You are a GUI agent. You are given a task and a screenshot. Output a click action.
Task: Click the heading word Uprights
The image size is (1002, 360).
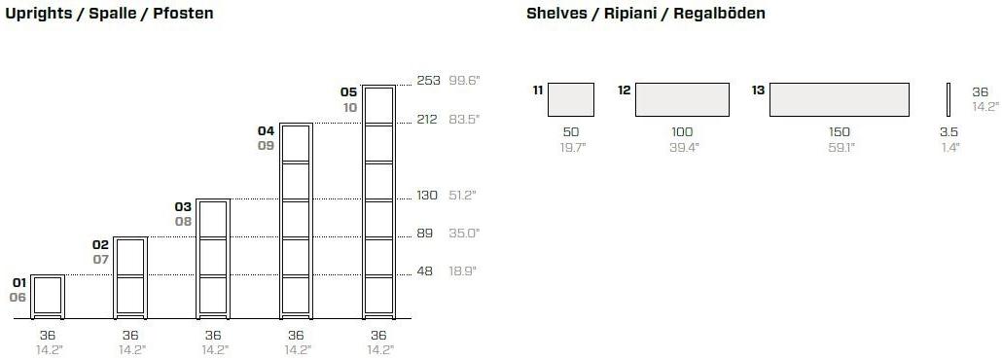tap(37, 14)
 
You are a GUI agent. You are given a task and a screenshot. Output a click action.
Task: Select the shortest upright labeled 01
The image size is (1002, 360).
tap(48, 297)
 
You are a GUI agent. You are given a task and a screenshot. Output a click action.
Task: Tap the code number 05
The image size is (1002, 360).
tap(349, 92)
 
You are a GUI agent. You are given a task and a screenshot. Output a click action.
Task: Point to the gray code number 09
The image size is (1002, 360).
tap(266, 145)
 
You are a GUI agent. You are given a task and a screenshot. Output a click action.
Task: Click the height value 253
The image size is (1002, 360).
tap(428, 81)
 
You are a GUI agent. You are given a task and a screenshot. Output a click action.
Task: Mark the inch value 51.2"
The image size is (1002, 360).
tap(463, 195)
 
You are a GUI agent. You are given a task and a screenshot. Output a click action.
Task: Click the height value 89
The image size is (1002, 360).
tap(425, 233)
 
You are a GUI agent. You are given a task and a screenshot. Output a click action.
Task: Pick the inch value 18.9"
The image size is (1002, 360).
tap(463, 270)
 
